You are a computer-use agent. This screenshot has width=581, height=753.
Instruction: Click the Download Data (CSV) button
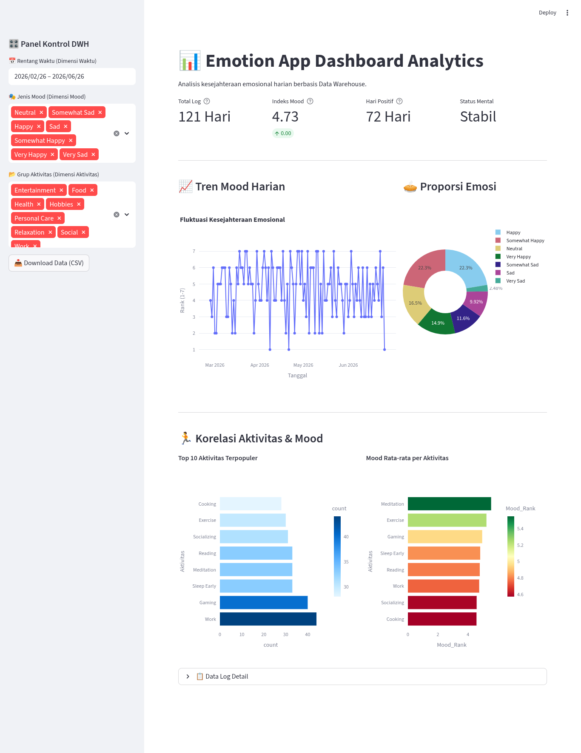coord(49,263)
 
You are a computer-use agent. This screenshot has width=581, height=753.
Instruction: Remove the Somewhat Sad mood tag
coord(100,113)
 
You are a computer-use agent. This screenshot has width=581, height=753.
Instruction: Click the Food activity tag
coord(83,190)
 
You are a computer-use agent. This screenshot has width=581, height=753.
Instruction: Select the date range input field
coord(72,76)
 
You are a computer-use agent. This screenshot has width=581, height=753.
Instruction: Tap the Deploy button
coord(547,13)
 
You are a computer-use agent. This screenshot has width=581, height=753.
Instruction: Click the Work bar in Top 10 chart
coord(268,619)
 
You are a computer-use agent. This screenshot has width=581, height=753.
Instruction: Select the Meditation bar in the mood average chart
coord(449,504)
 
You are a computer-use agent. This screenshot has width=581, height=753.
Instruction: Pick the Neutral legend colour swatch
coord(498,249)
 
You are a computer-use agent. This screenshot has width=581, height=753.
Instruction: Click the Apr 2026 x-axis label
coord(260,365)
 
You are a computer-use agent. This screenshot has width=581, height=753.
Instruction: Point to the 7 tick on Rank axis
coord(194,251)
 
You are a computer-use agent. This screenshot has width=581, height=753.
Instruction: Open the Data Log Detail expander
coord(362,677)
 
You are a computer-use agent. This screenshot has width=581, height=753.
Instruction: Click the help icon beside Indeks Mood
coord(310,101)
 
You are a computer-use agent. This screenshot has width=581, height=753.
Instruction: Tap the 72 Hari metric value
coord(388,117)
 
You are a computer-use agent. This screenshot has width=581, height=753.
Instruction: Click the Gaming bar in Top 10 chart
coord(264,603)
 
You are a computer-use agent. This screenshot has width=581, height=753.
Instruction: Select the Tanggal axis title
coord(297,376)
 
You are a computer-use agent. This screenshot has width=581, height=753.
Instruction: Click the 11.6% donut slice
coord(464,318)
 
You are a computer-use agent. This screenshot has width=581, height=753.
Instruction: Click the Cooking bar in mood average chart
coord(442,619)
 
